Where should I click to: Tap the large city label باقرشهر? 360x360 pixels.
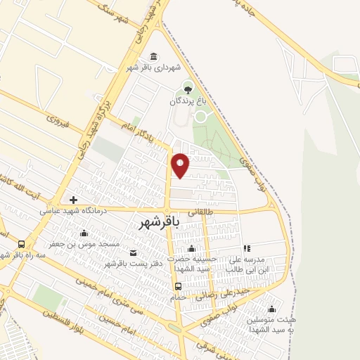click(x=156, y=221)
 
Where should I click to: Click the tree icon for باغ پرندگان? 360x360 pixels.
click(x=188, y=88)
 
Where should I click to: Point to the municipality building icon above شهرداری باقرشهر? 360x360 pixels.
click(x=154, y=56)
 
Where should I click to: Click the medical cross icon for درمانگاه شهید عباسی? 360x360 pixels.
click(x=72, y=200)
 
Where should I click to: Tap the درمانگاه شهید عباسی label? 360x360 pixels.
click(x=72, y=210)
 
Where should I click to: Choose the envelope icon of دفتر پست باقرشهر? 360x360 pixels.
click(x=133, y=252)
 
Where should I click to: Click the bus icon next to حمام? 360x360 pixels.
click(x=179, y=286)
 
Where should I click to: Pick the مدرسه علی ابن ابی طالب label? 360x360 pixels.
click(x=250, y=264)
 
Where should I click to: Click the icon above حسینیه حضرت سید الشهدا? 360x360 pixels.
click(x=191, y=249)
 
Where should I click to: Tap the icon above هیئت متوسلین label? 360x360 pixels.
click(x=271, y=309)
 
